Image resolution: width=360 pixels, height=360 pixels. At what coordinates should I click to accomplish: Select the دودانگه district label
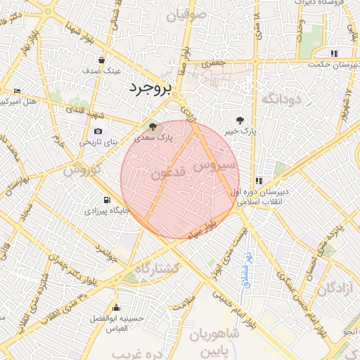[281, 100]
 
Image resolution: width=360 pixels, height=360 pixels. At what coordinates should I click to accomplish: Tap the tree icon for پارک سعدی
[154, 127]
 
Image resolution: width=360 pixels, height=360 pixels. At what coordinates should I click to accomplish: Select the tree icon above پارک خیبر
[241, 120]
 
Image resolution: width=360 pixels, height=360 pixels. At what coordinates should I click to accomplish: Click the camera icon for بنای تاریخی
[98, 131]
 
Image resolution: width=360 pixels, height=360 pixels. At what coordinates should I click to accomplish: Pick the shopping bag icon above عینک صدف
[103, 60]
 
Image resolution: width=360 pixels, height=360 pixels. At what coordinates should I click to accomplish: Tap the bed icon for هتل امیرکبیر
[18, 91]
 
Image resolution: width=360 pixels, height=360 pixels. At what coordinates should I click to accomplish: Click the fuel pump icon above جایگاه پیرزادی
[107, 200]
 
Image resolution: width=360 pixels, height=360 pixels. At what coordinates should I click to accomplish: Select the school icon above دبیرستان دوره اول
[259, 181]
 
